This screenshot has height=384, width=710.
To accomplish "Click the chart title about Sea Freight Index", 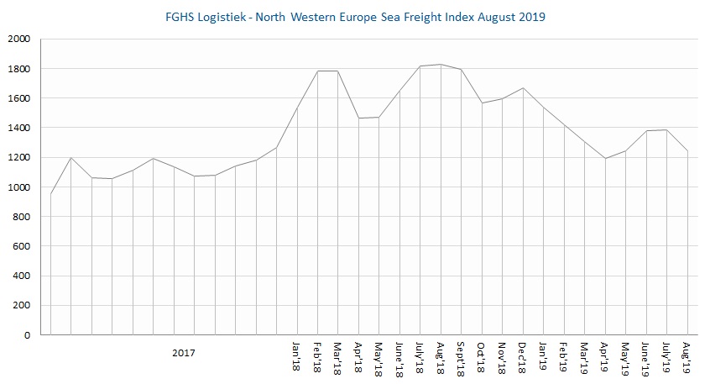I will click(355, 18).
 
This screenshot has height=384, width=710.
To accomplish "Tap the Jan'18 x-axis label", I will click(297, 356).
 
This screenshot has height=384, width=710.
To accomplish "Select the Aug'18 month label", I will click(441, 356).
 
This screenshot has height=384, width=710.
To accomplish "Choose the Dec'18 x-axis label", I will click(523, 356).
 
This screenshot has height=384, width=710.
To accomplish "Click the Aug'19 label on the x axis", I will click(687, 356).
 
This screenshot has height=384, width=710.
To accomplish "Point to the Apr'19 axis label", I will click(605, 356).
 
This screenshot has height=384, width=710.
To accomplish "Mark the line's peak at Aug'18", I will click(441, 65).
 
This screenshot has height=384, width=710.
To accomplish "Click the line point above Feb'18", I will click(317, 71).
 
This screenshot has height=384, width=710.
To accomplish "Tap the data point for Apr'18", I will click(358, 118).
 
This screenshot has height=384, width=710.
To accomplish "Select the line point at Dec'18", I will click(523, 88).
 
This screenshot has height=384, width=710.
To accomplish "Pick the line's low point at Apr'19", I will click(605, 158).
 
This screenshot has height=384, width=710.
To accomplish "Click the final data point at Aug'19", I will click(687, 151).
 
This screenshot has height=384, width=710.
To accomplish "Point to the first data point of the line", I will click(51, 194).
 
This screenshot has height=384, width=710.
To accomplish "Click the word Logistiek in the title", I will click(230, 18).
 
